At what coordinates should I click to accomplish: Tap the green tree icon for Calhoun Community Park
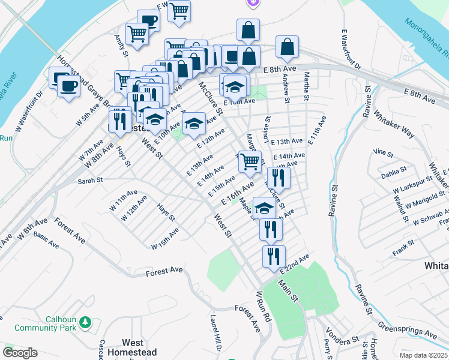85,323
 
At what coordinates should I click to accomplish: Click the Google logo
20,353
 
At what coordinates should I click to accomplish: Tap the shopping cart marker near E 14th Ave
250,161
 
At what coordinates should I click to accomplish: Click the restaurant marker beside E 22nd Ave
274,256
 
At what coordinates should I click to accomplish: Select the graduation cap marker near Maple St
264,208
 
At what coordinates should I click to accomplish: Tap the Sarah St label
91,180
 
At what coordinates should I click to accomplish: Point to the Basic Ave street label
46,241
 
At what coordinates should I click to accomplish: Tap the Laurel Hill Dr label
215,333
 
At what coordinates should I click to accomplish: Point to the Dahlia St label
393,175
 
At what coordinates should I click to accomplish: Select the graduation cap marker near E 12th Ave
193,124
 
